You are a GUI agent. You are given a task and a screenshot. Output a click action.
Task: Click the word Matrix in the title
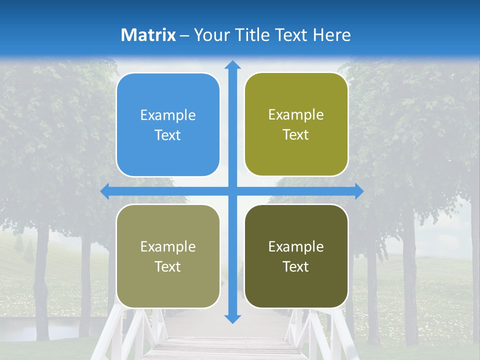[x=148, y=35]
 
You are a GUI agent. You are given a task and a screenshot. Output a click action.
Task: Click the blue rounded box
[x=168, y=125]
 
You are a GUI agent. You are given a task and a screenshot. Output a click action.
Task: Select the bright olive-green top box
[x=296, y=124]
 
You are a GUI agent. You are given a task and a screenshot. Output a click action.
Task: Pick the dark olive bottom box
[x=296, y=256]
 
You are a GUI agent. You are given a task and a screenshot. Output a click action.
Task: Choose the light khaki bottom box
[x=168, y=256]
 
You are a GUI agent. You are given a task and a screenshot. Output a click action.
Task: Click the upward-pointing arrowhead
[x=232, y=65]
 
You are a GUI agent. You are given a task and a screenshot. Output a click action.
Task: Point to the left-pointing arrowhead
[x=105, y=191]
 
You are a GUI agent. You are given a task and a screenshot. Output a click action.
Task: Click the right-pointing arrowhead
[x=358, y=191]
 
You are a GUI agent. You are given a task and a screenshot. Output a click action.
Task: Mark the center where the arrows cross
[x=232, y=191]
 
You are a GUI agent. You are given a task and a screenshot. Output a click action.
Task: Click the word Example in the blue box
[x=168, y=115]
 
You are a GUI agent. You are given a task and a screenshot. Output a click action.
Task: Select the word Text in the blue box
[x=168, y=135]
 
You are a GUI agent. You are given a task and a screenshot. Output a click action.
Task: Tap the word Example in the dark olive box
[x=296, y=246]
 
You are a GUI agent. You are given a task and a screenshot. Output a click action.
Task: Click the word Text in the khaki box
[x=168, y=266]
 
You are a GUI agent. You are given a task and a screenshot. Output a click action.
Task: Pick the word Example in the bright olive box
[x=296, y=115]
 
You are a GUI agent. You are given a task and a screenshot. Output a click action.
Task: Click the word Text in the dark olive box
[x=296, y=266]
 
